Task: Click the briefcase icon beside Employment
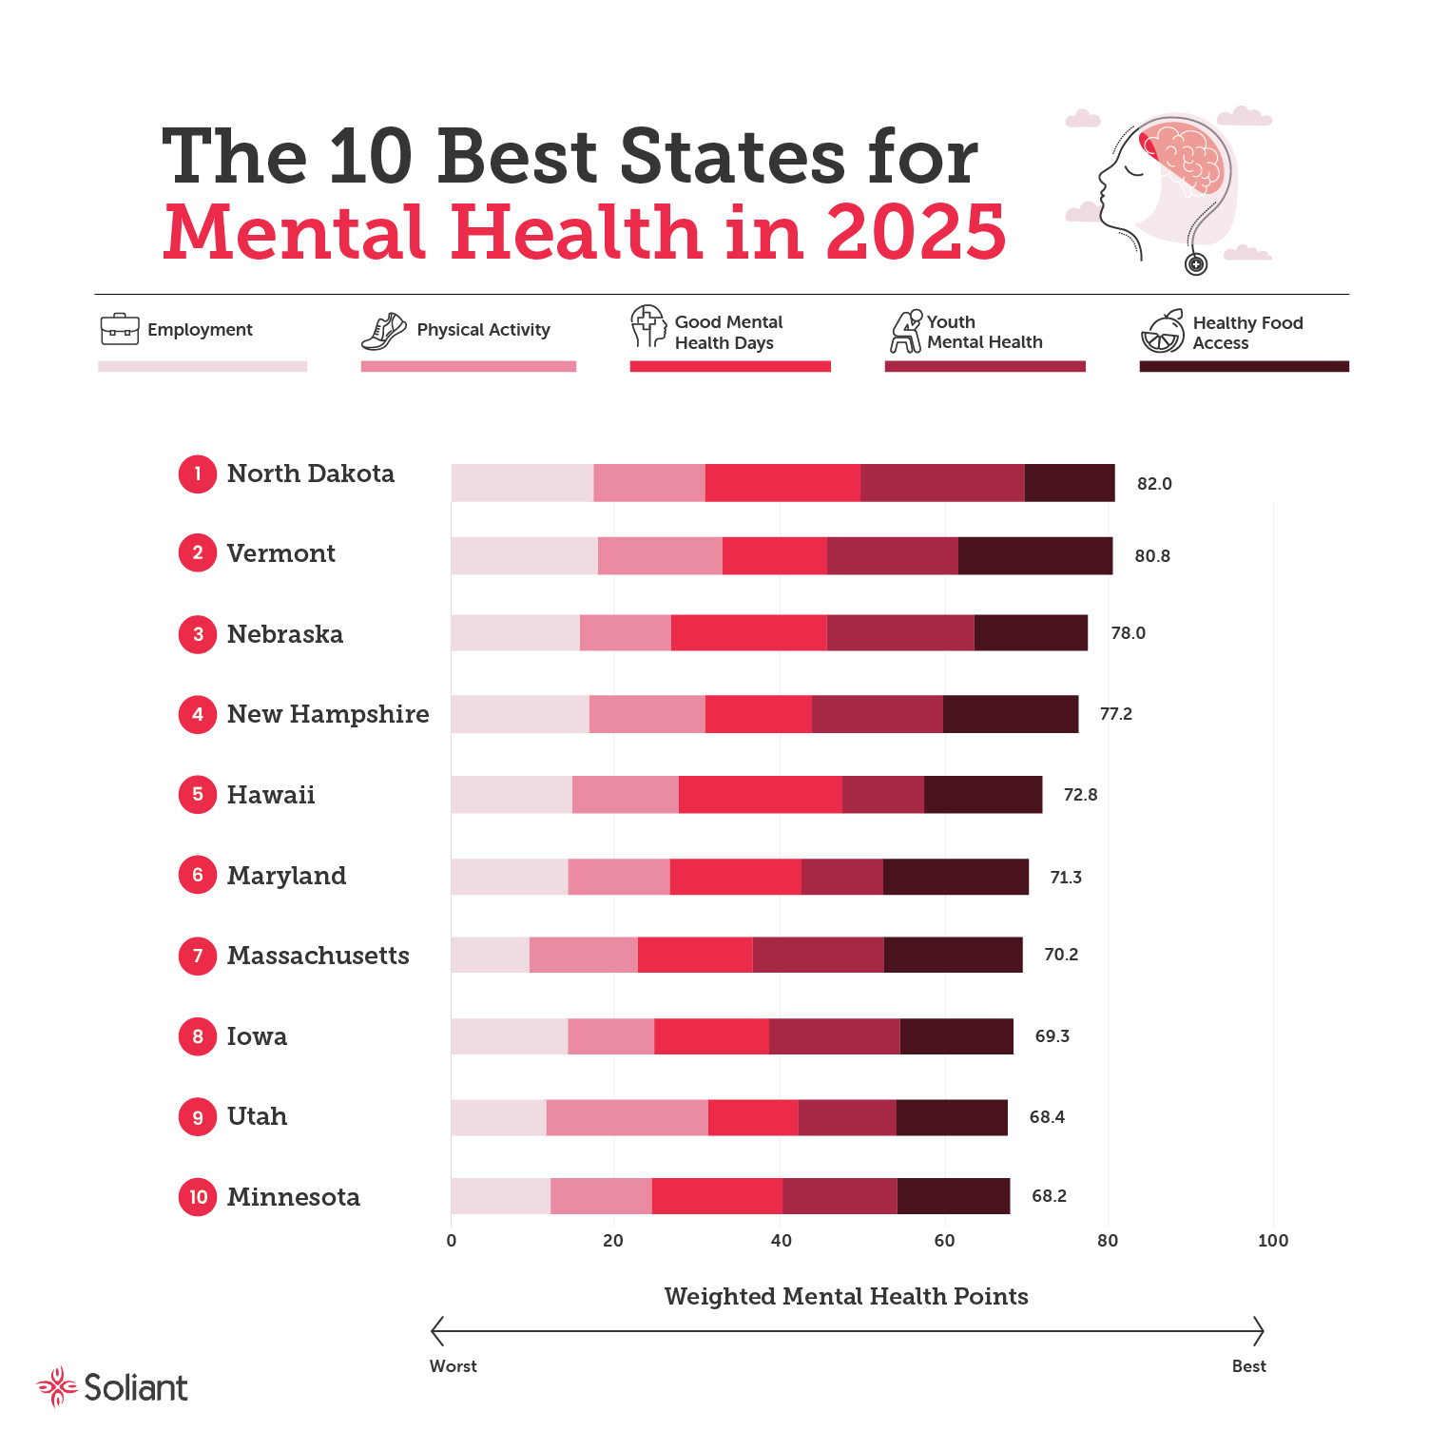[120, 329]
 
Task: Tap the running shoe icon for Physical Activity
[383, 331]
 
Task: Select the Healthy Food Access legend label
[1246, 333]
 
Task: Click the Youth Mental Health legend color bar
[984, 366]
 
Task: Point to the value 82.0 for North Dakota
[1154, 484]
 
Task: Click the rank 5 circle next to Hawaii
[198, 795]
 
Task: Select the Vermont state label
[280, 553]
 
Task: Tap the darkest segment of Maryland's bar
[956, 877]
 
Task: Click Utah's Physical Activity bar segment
[627, 1117]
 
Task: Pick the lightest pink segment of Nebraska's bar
[515, 633]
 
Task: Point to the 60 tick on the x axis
[944, 1240]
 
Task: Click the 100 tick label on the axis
[1272, 1240]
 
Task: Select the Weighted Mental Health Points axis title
[846, 1296]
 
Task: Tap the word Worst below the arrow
[454, 1366]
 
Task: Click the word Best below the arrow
[1248, 1366]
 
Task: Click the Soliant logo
[113, 1387]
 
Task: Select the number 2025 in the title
[915, 232]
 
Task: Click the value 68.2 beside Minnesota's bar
[1049, 1196]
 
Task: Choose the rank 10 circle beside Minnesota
[198, 1197]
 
